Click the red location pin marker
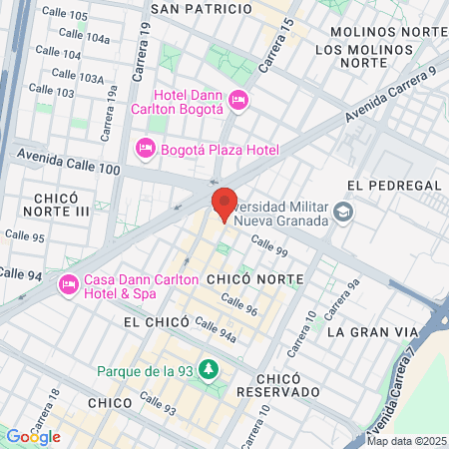point(224,204)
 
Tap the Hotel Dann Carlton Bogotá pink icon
point(237,99)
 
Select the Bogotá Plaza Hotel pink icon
point(145,149)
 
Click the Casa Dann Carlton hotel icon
point(69,283)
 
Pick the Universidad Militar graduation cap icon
point(343,211)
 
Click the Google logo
point(33,437)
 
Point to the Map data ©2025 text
point(407,441)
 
